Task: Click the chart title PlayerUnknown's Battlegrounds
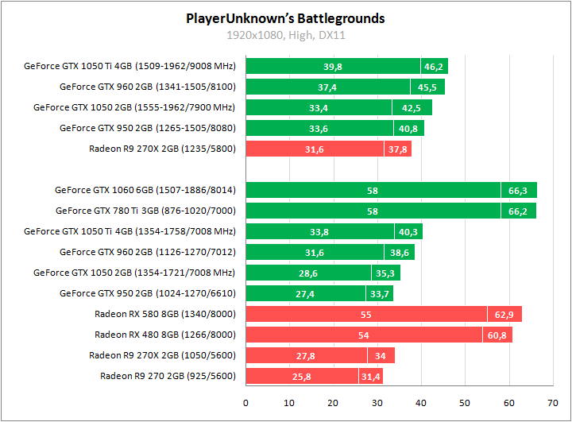click(x=285, y=17)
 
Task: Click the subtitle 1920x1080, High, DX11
click(x=285, y=35)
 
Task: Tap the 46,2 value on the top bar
click(x=434, y=66)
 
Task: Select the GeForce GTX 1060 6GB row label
click(x=145, y=190)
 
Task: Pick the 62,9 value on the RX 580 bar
click(x=504, y=314)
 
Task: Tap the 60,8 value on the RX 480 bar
click(x=497, y=335)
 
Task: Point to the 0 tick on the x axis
click(x=245, y=401)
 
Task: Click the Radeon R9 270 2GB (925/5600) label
click(x=168, y=376)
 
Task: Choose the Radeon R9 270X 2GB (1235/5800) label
click(x=163, y=149)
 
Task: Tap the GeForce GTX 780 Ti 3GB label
click(x=146, y=211)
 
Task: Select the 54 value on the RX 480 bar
click(x=364, y=335)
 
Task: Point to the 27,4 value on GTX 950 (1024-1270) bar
click(x=306, y=293)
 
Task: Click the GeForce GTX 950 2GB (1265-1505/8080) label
click(x=148, y=128)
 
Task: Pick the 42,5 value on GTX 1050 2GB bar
click(x=412, y=107)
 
